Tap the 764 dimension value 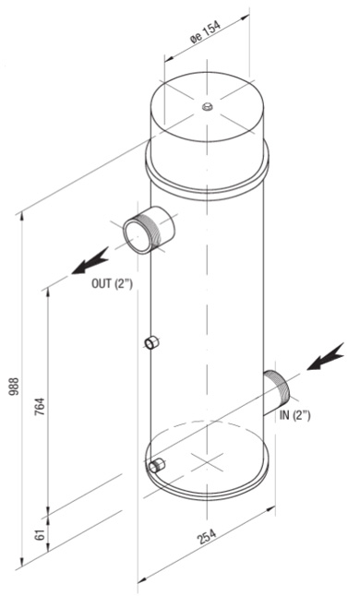tap(40, 406)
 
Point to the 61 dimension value tap(42, 534)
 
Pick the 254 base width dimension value tap(207, 536)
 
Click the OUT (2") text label tap(112, 283)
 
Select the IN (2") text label tap(295, 415)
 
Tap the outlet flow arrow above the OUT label tap(90, 261)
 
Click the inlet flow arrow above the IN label tap(326, 356)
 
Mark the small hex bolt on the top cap tap(207, 107)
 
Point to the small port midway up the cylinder tap(152, 342)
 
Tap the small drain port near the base tap(157, 465)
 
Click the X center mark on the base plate tap(205, 462)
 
